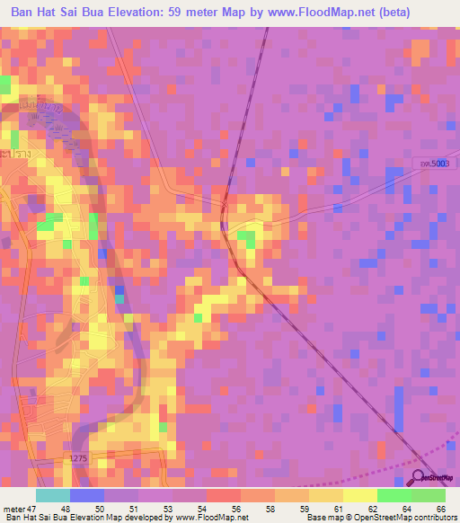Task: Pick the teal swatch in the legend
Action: click(x=53, y=495)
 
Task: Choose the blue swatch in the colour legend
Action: click(x=87, y=495)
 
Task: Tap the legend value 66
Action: click(x=440, y=510)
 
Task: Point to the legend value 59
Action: click(x=304, y=510)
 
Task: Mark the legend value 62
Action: click(x=372, y=510)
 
